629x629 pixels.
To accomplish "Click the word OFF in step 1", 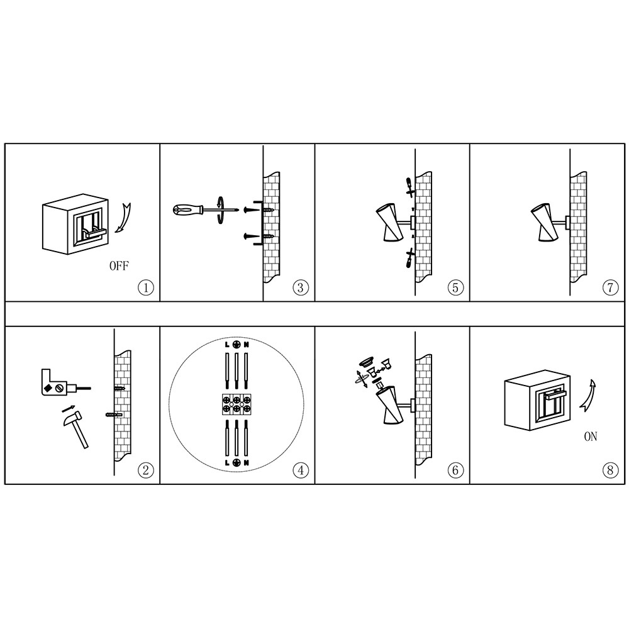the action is point(119,265).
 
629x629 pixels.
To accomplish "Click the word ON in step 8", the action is point(591,437).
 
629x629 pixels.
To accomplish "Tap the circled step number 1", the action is point(146,287).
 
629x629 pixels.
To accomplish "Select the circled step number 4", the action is point(301,470).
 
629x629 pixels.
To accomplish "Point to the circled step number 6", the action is point(455,470).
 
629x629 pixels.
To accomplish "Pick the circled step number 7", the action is point(610,287).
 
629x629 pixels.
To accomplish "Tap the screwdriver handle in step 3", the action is point(187,209).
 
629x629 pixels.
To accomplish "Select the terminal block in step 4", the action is point(237,404).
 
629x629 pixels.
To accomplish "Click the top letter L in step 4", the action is point(227,345).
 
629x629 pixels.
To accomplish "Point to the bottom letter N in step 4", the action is point(246,462).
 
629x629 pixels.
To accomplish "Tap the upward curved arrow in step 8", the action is point(588,396).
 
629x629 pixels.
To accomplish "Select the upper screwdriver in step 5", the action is point(410,187).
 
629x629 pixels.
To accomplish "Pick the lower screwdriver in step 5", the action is point(409,258).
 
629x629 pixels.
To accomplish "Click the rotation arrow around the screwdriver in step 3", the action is point(220,210).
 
